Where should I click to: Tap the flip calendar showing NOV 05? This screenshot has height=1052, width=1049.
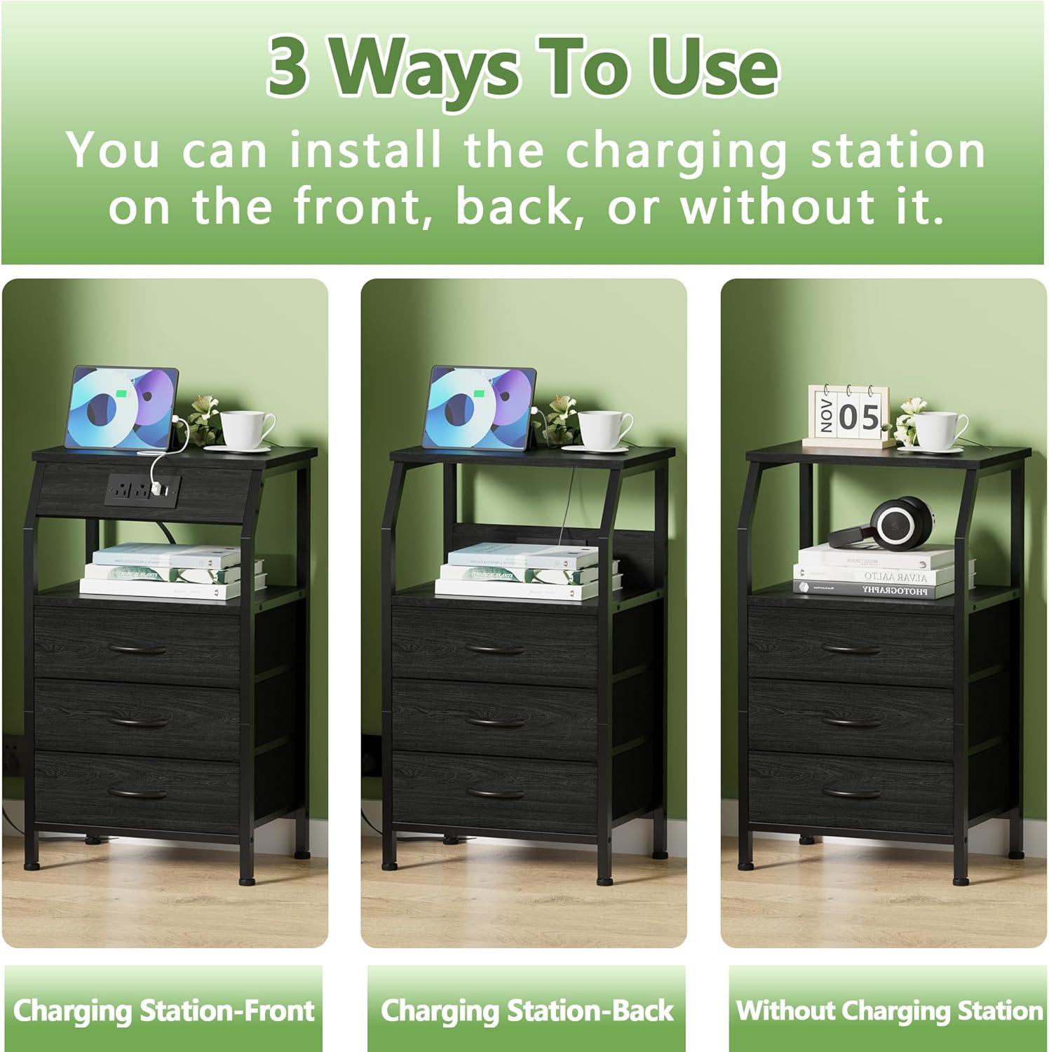click(x=847, y=417)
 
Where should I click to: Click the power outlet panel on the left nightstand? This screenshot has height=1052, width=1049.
click(x=144, y=485)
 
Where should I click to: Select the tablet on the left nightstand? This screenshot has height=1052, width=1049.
click(x=122, y=407)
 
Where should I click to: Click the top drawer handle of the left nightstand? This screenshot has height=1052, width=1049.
click(x=139, y=649)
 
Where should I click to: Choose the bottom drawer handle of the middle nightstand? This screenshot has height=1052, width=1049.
click(x=496, y=792)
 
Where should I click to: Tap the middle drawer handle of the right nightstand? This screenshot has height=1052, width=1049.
click(x=851, y=720)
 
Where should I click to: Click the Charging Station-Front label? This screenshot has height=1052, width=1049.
click(x=163, y=1011)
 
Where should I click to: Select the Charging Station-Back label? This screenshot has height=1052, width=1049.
click(x=527, y=1011)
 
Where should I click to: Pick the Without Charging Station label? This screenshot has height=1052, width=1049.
click(x=888, y=1011)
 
